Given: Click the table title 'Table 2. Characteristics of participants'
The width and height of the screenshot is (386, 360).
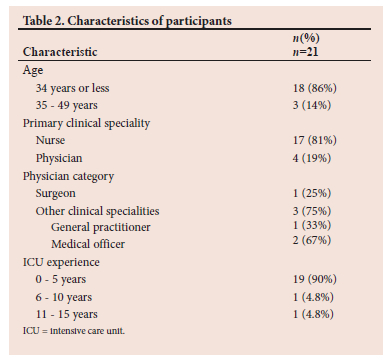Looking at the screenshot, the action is [127, 21].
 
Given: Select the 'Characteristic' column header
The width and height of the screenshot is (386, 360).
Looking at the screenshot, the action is [60, 52].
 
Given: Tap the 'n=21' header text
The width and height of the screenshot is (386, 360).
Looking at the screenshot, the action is [305, 52].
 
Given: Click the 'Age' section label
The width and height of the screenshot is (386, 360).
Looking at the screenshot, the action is [33, 71].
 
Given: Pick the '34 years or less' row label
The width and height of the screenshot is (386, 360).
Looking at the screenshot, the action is [72, 88].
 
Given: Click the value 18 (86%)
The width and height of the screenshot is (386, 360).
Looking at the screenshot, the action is [315, 88].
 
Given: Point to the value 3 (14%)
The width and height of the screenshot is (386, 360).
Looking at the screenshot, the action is [312, 105].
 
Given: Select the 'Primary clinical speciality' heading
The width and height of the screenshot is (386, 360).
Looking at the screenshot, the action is [86, 123].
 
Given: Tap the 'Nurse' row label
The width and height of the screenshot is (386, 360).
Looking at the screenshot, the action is [50, 140].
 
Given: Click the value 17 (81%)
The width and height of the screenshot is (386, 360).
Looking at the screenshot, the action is [315, 140].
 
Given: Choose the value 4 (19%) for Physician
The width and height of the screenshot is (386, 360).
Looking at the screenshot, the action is [312, 158].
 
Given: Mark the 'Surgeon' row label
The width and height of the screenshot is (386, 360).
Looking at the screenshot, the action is [55, 194].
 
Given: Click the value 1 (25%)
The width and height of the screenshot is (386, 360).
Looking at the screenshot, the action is [312, 193].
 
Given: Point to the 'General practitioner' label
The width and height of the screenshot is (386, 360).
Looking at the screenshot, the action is [100, 227].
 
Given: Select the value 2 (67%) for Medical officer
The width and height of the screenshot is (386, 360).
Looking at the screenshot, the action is [312, 240].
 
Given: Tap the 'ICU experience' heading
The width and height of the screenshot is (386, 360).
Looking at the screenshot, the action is [61, 262].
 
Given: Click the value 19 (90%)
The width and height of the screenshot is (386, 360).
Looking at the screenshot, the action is [315, 279].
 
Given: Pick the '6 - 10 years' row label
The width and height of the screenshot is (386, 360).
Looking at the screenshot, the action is [64, 297].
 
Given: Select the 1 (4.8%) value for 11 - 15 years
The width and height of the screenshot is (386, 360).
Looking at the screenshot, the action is [313, 314].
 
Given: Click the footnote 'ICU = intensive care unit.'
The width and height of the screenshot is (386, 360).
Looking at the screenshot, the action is [74, 331].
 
